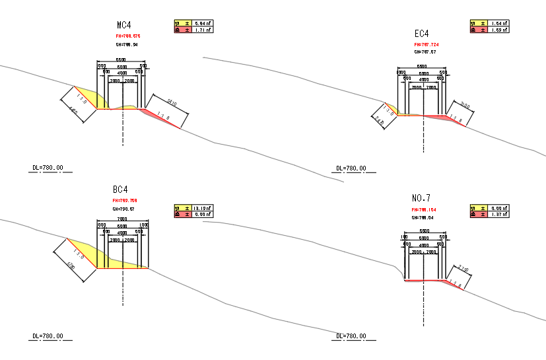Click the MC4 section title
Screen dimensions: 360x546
pos(125,26)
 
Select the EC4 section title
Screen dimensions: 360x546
pos(422,34)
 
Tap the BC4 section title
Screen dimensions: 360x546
pos(121,189)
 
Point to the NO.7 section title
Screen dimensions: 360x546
pos(421,198)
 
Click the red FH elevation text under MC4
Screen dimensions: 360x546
pos(128,36)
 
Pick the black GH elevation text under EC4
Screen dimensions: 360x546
pos(425,52)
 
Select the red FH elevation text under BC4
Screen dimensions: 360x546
pos(125,200)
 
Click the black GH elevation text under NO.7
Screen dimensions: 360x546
pos(423,217)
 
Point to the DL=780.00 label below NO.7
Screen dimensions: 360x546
pos(351,336)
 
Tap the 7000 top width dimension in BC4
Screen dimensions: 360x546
pos(122,219)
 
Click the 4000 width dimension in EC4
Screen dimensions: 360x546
pos(423,80)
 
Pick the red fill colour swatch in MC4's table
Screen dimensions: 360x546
pos(177,30)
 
